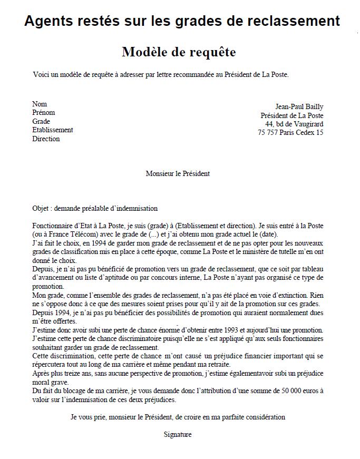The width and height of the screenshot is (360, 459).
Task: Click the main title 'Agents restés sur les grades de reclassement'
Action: click(182, 21)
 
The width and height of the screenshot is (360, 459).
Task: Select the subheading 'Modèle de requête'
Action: click(179, 52)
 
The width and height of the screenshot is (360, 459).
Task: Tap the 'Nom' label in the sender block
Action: click(40, 104)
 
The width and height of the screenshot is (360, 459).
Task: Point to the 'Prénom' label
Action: click(43, 112)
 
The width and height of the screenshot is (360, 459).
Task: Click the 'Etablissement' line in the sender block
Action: click(52, 130)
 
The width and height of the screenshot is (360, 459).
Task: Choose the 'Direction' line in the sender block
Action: click(46, 139)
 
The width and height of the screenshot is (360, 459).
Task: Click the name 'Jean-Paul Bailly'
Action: click(299, 107)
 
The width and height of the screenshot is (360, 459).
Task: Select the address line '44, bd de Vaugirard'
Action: click(294, 124)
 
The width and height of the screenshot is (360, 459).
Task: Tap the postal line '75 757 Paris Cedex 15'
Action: click(290, 132)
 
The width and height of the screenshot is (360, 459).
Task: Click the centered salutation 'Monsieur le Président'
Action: click(178, 173)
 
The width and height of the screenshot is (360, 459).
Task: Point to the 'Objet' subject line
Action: click(95, 208)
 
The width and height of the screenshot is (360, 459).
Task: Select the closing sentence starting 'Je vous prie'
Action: click(178, 417)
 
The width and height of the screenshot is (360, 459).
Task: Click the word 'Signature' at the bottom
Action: click(178, 434)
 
